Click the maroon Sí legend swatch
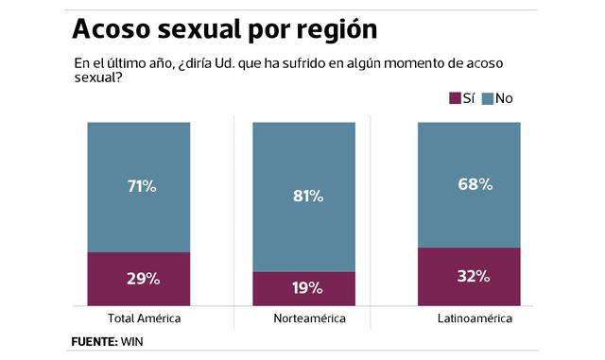tap(453, 98)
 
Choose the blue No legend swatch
tap(488, 98)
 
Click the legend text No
tap(504, 98)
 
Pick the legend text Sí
tap(468, 98)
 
